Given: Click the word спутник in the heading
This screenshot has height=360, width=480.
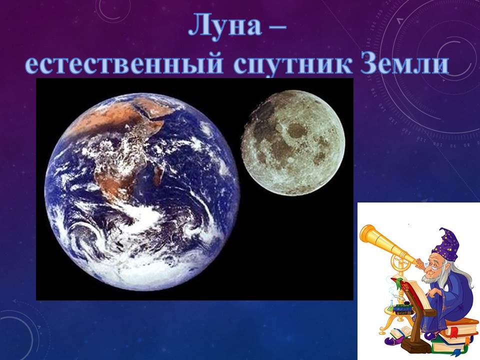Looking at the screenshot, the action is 292,64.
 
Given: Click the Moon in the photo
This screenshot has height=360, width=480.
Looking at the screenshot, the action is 293,143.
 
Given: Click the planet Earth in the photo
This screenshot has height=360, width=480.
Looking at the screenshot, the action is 142,192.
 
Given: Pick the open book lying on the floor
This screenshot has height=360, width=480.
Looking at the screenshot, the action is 401,332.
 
